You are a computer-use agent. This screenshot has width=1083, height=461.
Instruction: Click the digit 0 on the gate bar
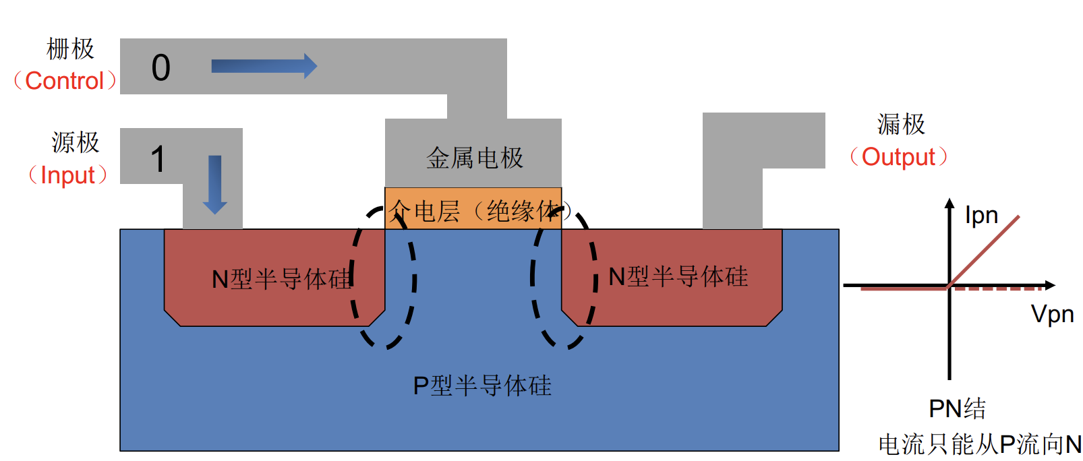click(161, 67)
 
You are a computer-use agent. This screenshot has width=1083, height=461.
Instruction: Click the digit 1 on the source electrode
click(158, 160)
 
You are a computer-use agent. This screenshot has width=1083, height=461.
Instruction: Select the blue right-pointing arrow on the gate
click(264, 66)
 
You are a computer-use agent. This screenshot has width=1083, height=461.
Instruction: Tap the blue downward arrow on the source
click(215, 184)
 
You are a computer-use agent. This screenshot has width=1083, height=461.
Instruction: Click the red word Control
click(65, 81)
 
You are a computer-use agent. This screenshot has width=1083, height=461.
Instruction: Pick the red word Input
click(67, 175)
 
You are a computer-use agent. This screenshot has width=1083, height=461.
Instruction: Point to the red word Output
click(898, 157)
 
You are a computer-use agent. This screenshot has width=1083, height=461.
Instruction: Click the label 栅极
click(70, 49)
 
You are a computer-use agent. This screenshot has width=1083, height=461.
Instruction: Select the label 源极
click(76, 143)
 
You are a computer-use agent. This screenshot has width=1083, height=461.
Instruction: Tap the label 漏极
click(901, 125)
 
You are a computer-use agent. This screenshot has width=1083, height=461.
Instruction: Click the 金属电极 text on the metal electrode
click(475, 158)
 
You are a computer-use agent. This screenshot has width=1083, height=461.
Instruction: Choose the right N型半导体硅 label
click(678, 276)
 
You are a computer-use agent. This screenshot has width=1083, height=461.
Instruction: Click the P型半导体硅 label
click(482, 386)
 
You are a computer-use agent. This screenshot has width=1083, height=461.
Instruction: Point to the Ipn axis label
click(981, 216)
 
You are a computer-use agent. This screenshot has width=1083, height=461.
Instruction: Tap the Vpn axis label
click(1052, 314)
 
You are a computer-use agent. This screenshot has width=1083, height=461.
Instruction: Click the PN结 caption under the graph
click(957, 408)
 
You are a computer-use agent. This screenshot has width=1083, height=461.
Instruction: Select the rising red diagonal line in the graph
click(985, 249)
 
